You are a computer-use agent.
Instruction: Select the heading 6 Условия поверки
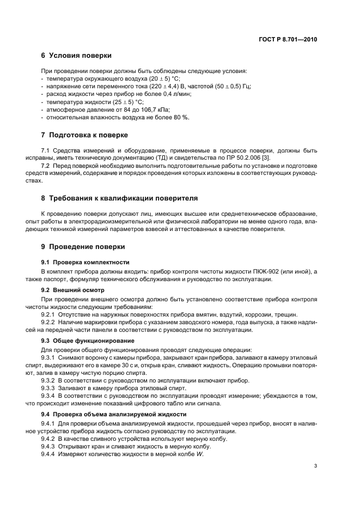76,56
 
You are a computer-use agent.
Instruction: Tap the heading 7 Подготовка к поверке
84,135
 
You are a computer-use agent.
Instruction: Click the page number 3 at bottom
315,466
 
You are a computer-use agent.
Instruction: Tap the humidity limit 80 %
182,117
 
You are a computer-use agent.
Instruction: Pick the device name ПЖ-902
278,271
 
